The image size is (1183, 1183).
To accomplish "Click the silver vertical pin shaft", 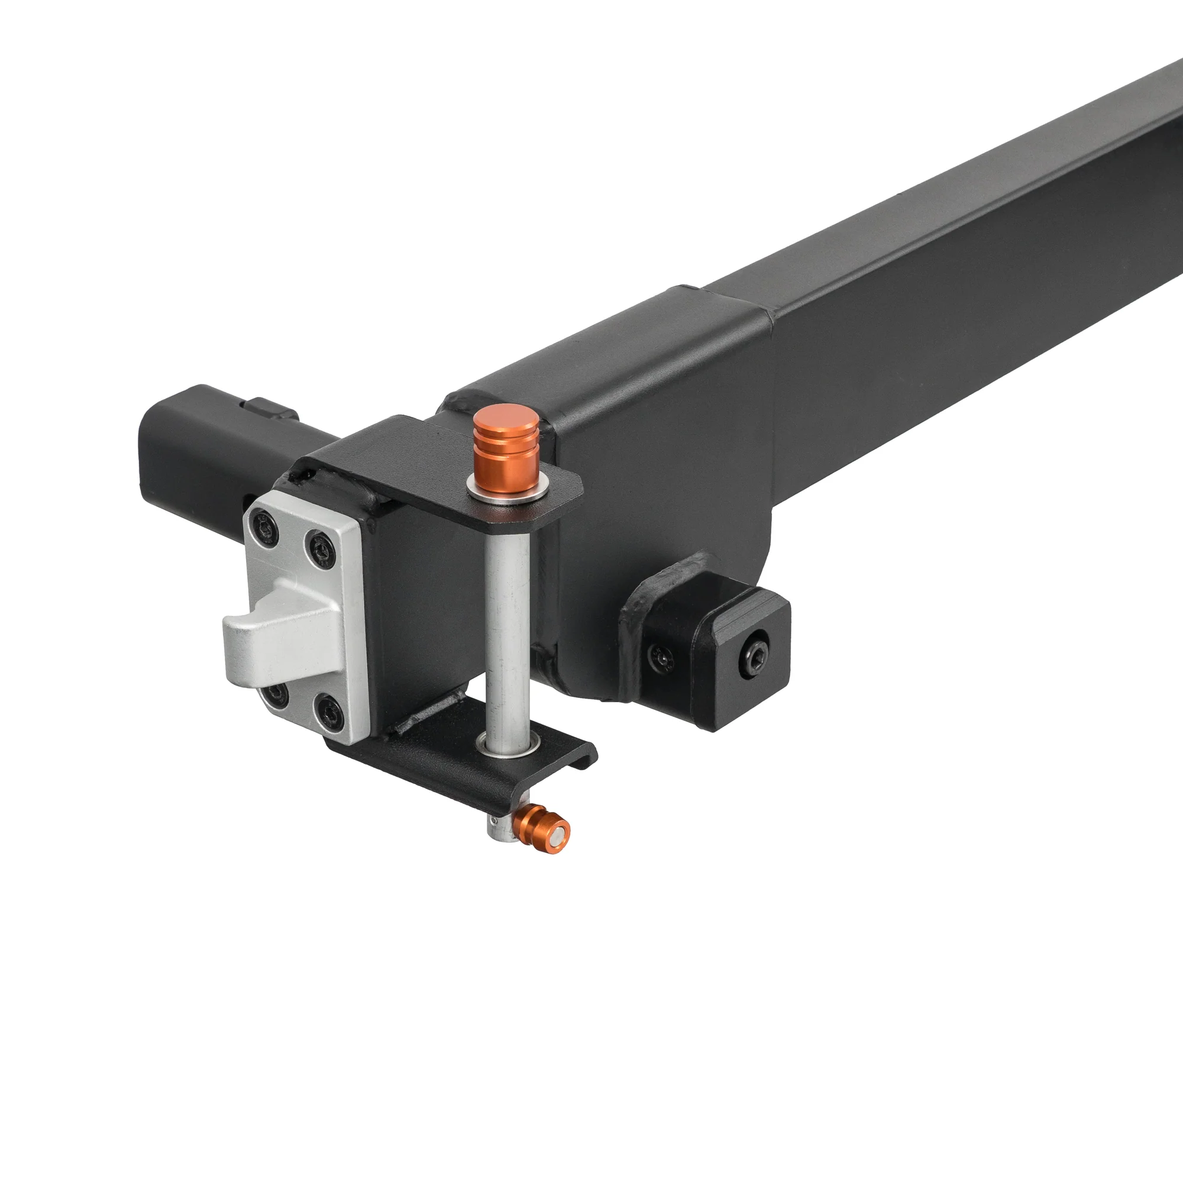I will (x=508, y=619).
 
